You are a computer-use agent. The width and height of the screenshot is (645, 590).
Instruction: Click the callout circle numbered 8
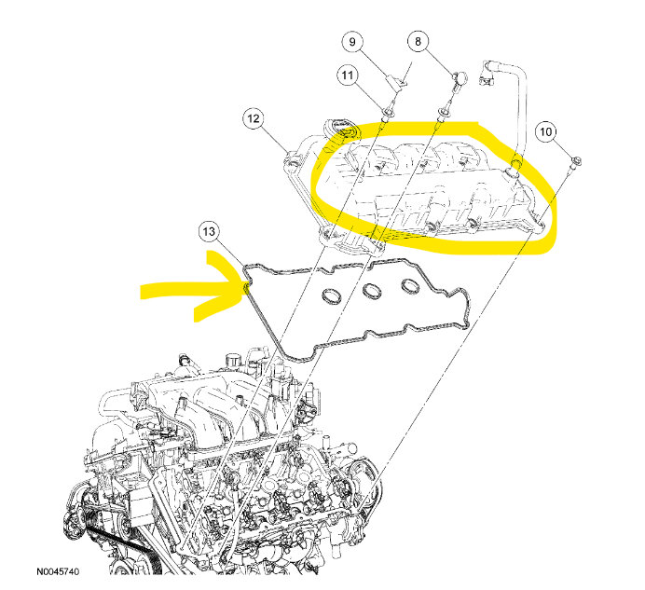coord(418,41)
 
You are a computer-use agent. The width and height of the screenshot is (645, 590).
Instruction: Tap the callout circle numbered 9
coord(352,42)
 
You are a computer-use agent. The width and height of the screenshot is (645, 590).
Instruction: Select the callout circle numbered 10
coord(545,131)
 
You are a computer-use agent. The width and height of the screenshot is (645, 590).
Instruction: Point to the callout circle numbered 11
coord(348,75)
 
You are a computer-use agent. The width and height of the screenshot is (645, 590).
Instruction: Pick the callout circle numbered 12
coord(253,118)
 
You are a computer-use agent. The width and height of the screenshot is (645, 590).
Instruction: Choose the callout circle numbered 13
coord(209,231)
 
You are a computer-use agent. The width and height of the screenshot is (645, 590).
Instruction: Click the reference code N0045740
coord(58,571)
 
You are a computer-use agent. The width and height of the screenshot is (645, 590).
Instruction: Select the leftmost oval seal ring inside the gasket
coord(332,296)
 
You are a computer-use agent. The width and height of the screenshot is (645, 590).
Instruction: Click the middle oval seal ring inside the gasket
coord(372,291)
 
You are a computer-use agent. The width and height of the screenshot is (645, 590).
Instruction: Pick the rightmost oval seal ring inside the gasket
coord(410,286)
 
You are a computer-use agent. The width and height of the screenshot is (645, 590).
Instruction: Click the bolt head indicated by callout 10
coord(577,160)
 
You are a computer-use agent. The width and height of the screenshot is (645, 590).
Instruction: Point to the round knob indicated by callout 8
coord(460,77)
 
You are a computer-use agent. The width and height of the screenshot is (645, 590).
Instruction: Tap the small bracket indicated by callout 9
coord(398,80)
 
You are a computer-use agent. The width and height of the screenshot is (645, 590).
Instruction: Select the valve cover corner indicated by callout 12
coord(293,159)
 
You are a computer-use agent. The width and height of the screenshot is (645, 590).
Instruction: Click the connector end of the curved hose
coord(487,77)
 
